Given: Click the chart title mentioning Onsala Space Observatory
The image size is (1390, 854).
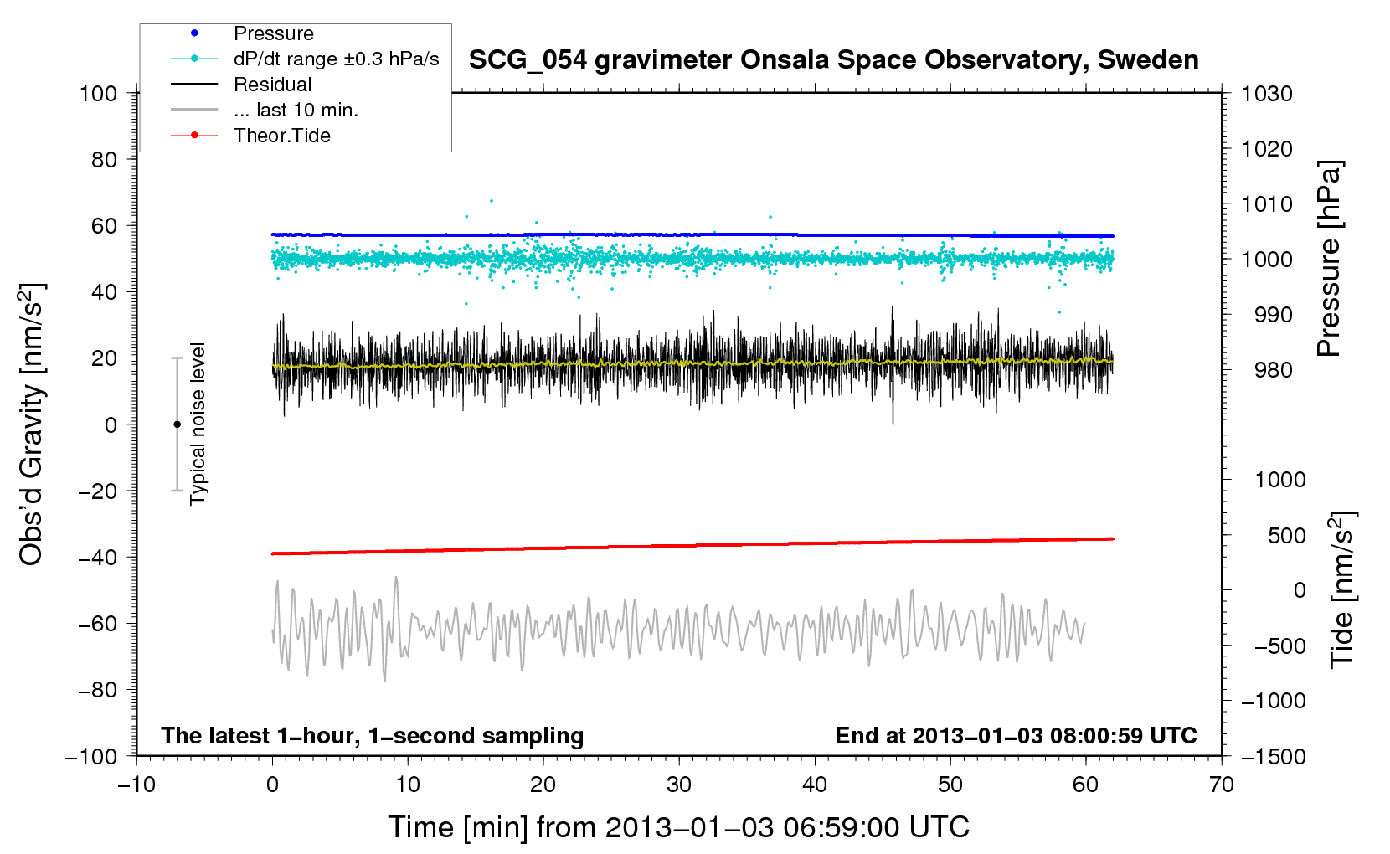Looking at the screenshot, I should (x=833, y=60).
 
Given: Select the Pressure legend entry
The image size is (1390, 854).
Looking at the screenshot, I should (x=273, y=33).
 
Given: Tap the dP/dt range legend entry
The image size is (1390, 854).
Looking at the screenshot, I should (x=336, y=59).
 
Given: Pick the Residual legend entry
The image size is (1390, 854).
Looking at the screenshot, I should (x=272, y=85).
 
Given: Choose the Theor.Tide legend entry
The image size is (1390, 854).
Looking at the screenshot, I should (x=281, y=136).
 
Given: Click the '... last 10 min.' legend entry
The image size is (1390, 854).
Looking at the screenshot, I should (x=296, y=110).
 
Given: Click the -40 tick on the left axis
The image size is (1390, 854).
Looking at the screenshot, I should (x=98, y=557).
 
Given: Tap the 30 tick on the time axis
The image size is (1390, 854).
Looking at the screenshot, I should (x=679, y=785).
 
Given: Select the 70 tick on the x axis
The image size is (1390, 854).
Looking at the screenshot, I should (x=1222, y=785).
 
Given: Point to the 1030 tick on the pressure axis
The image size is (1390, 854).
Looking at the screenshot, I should (x=1267, y=94).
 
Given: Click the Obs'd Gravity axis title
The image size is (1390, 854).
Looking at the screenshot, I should (x=32, y=424).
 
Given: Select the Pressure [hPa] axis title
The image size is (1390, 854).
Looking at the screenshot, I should (x=1329, y=259).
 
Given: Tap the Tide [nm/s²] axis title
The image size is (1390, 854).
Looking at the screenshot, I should (x=1341, y=589).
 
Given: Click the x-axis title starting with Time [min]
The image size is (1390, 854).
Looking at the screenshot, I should (x=678, y=827).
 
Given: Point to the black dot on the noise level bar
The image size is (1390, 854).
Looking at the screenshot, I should (x=178, y=424).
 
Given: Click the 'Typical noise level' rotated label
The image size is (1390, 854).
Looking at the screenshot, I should (x=198, y=424).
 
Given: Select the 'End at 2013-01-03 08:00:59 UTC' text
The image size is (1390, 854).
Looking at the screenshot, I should (x=1016, y=735).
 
